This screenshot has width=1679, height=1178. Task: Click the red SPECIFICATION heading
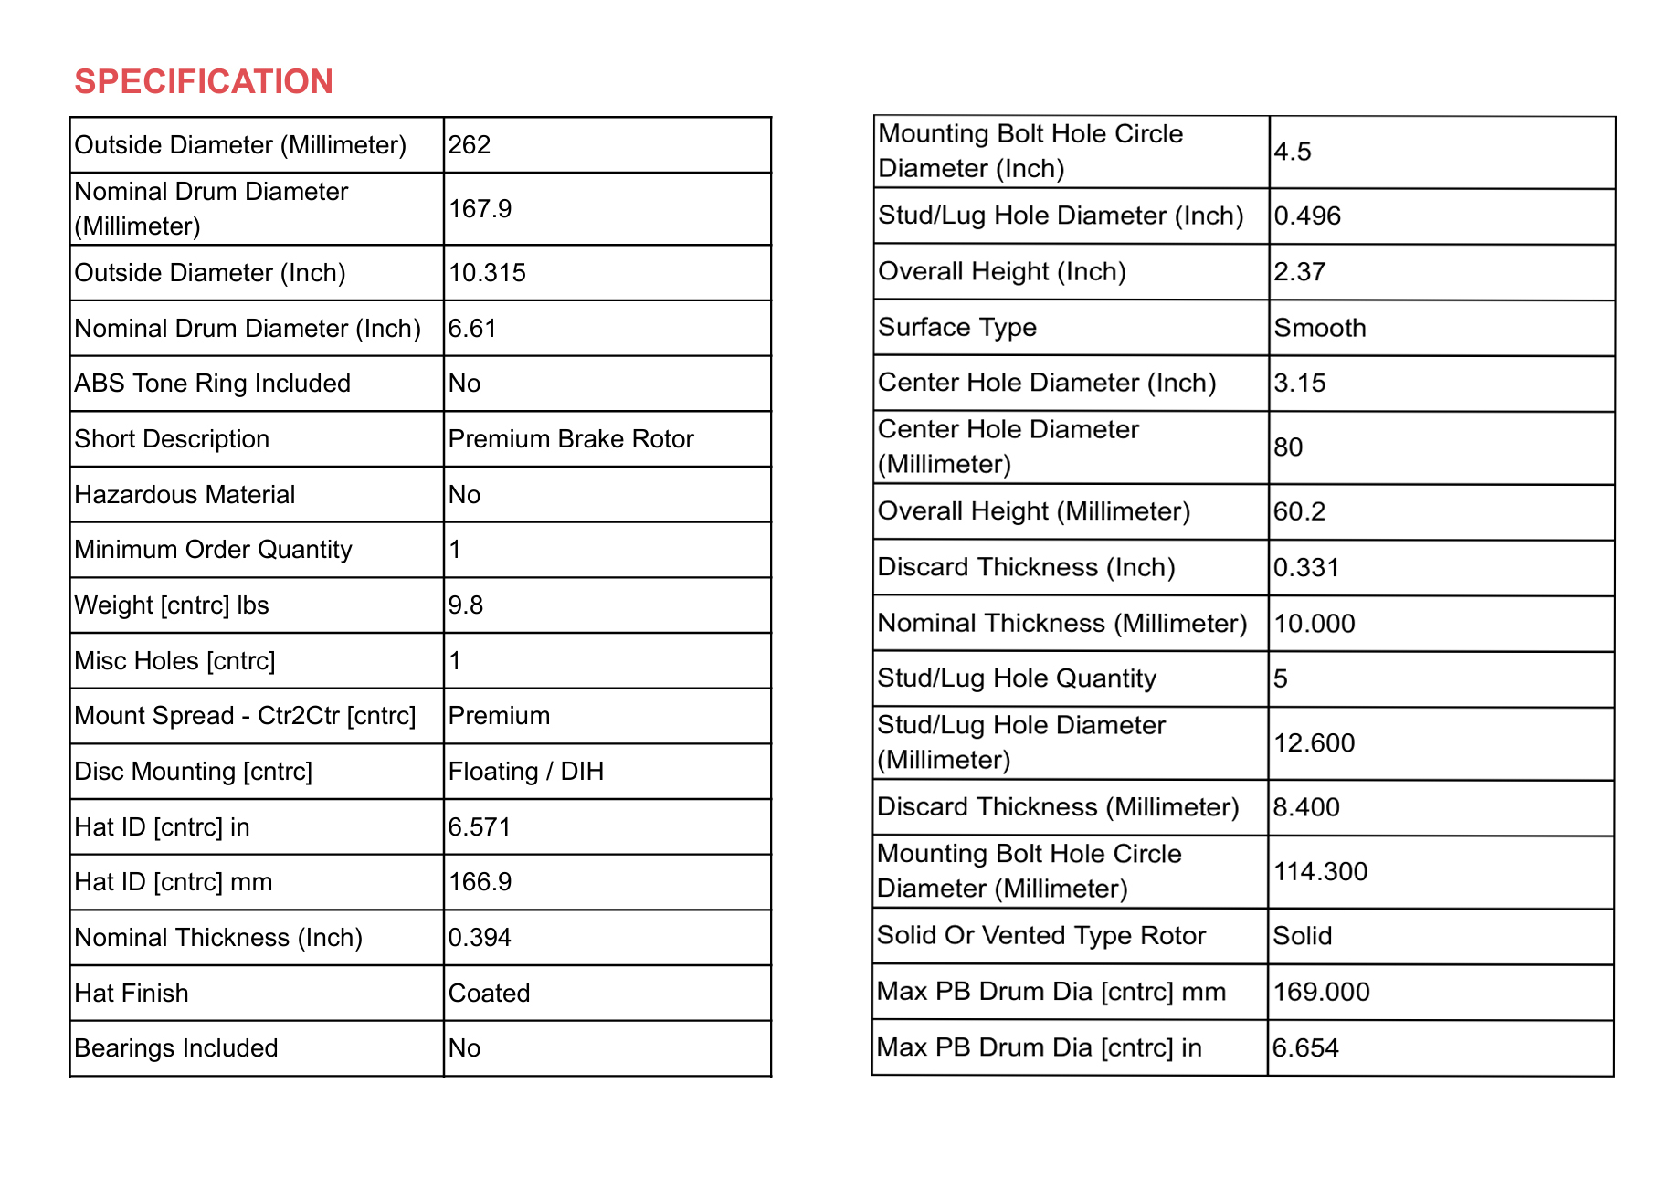point(204,82)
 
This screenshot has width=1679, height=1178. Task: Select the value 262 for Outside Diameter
point(470,145)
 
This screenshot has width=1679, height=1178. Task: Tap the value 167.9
point(480,209)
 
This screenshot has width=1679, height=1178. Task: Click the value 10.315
point(487,273)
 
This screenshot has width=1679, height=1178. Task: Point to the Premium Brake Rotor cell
point(571,439)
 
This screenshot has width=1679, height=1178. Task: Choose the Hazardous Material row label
point(185,495)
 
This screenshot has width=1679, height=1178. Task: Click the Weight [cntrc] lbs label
point(172,605)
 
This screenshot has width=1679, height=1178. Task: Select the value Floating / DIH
point(526,772)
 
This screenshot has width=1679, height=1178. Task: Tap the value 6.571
point(480,827)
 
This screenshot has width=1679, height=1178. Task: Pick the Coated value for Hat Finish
point(489,994)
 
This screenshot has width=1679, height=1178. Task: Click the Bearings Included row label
point(176,1048)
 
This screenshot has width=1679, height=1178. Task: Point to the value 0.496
point(1307,216)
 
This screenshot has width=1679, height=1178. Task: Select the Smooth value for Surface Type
point(1320,328)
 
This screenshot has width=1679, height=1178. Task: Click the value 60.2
point(1299,511)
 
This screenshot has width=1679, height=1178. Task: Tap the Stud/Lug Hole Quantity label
point(1017,678)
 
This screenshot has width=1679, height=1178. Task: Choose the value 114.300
point(1320,872)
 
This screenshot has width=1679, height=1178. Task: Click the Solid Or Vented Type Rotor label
point(1041,936)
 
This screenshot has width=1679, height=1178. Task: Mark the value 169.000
point(1321,992)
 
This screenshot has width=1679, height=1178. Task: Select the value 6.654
point(1305,1048)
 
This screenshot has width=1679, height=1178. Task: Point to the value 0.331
point(1306,568)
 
